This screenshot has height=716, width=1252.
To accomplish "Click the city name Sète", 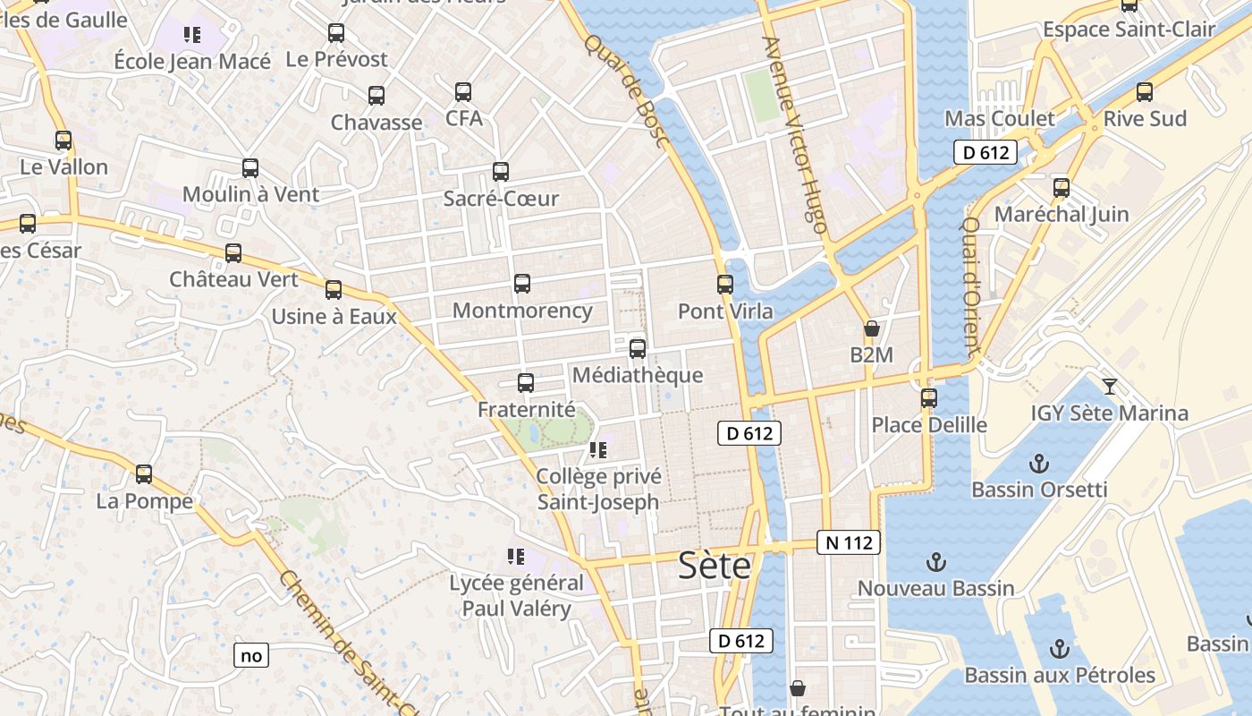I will point(714,566).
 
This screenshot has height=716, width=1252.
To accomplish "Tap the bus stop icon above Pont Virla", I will point(725,285).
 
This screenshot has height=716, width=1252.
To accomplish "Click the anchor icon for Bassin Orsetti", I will point(1039,464).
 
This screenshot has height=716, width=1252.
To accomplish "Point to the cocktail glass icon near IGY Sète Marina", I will point(1110,387).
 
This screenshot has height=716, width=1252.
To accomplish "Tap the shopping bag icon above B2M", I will point(872,328).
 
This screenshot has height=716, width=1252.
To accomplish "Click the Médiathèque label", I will point(637,375).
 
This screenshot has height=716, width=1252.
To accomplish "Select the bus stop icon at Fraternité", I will point(526,383).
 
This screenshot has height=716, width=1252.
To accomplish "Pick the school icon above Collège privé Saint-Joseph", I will point(598,450).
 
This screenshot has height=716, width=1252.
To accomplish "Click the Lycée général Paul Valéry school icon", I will point(516,557).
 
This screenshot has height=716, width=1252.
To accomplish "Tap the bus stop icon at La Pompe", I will point(144,474).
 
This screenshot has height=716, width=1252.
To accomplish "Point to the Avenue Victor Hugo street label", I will point(793,134).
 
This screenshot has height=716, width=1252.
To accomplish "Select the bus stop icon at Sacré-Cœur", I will point(501,172).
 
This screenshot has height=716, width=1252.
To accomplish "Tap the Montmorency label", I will point(522,311).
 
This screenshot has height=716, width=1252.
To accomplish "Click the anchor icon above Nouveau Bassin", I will point(935,562).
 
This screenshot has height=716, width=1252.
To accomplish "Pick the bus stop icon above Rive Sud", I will point(1145,92).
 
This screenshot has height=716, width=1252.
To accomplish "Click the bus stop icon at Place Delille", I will point(929,398).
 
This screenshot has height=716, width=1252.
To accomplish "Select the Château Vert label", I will point(234,279).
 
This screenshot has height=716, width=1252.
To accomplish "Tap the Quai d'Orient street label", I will point(972,286).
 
